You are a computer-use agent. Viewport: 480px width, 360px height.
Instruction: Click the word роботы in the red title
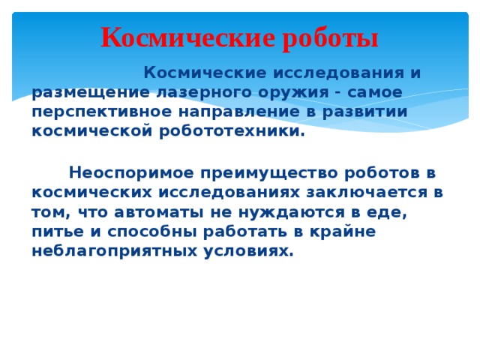(x=331, y=37)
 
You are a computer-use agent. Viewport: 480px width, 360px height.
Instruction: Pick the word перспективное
(x=106, y=112)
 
